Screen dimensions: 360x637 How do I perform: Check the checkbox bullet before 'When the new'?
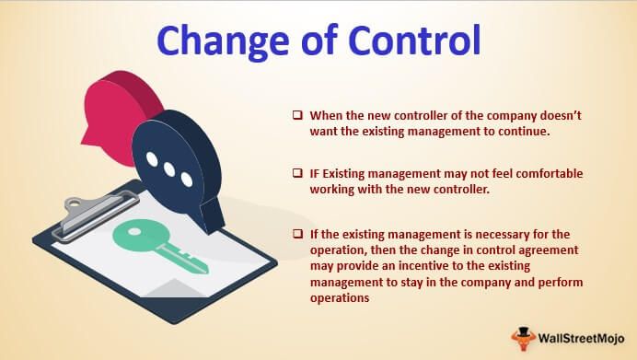(297, 118)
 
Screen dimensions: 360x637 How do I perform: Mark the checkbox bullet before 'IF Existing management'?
(297, 173)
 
